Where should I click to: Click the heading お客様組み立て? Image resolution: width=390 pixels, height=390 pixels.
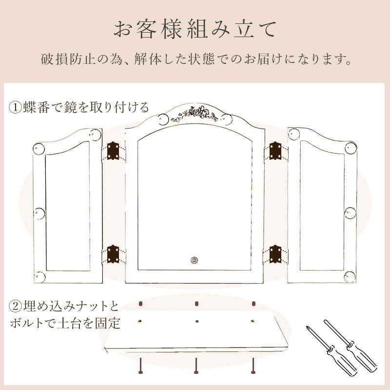(x=195, y=30)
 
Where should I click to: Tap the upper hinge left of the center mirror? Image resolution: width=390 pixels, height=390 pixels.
(x=113, y=151)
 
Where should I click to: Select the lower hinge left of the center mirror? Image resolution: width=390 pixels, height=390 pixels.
(x=113, y=254)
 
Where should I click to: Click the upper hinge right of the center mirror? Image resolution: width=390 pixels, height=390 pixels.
(x=275, y=151)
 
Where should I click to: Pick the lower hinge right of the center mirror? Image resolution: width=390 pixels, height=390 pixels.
(x=275, y=254)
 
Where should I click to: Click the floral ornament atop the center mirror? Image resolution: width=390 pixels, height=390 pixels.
(x=195, y=114)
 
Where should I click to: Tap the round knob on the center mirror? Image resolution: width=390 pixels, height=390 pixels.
(x=194, y=260)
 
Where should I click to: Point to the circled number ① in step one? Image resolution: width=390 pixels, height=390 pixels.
(x=16, y=107)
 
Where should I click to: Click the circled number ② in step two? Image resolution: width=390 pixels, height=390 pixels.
(x=16, y=306)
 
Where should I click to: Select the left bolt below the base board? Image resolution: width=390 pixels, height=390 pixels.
(x=140, y=366)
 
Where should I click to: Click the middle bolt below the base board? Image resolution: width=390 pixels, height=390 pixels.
(x=196, y=366)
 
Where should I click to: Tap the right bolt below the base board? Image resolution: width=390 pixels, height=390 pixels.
(x=253, y=366)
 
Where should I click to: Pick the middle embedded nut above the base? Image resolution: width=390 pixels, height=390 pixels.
(x=197, y=303)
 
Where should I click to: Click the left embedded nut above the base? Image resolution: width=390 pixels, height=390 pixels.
(x=140, y=303)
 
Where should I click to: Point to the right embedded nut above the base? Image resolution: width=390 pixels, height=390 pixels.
(x=253, y=303)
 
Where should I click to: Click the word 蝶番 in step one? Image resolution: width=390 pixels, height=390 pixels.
(x=36, y=107)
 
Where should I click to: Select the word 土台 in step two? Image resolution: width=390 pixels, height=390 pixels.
(x=70, y=324)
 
